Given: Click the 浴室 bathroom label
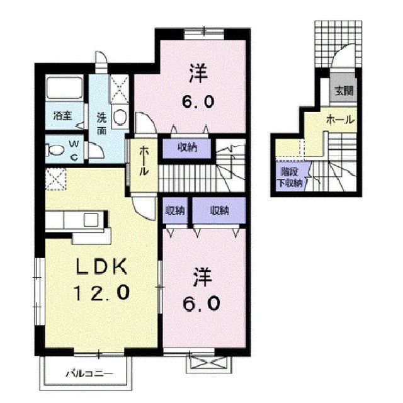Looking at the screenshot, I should click(62, 116).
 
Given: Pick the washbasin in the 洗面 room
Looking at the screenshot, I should click(120, 116).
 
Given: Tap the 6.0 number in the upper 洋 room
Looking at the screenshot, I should click(200, 101).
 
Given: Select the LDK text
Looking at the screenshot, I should click(103, 267).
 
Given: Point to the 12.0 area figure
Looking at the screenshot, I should click(103, 292).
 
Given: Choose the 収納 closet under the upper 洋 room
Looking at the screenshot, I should click(186, 148).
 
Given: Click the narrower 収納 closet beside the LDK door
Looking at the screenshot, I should click(174, 210).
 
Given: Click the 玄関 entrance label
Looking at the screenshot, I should click(343, 91).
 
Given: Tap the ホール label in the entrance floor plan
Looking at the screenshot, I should click(340, 120).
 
